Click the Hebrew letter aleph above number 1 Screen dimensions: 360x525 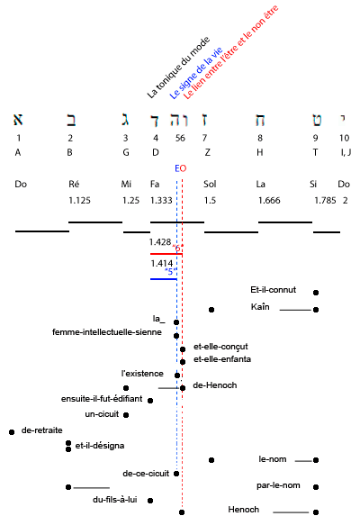coord(18,120)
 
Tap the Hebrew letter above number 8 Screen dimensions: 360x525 coord(260,120)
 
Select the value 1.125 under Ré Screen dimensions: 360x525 coord(79,200)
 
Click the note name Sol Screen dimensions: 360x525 coord(210,184)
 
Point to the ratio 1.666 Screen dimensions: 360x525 coord(269,200)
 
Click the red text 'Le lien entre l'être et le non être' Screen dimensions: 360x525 coord(231,52)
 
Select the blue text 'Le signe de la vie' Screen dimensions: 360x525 coord(196,73)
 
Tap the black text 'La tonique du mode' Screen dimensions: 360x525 coord(179,68)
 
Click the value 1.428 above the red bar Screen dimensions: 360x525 coord(160,241)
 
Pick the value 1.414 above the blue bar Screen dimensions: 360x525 coord(162,264)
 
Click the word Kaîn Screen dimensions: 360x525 coord(260,307)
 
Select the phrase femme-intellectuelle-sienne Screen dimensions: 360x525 coord(107,332)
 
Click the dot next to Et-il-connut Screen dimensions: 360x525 coord(316,293)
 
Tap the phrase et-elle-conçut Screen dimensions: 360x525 coord(220,347)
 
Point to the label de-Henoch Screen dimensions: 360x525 coord(215,385)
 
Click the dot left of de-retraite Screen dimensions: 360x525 coord(12,432)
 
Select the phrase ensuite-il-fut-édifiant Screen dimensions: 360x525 coord(102,399)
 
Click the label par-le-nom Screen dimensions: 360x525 coord(278,485)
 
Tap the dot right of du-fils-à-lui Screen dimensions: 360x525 coord(150,501)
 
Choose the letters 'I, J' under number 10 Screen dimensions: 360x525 coord(346,152)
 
